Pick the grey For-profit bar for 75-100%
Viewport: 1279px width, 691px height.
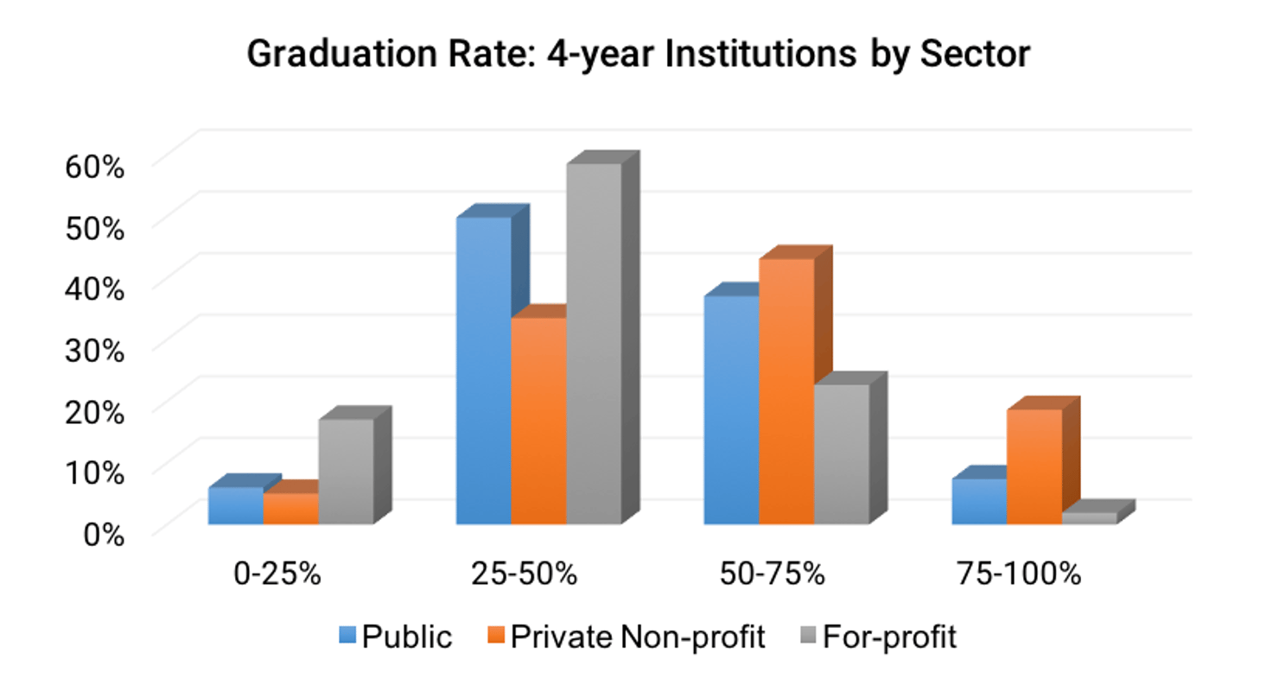(x=1088, y=518)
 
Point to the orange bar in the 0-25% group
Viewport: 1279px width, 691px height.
(x=290, y=509)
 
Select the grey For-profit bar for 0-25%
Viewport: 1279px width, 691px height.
(x=346, y=472)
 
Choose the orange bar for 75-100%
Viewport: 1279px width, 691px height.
(x=1034, y=466)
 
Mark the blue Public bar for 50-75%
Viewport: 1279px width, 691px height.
(x=731, y=409)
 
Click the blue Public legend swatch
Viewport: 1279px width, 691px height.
(x=347, y=637)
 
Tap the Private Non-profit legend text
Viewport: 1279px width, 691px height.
(x=638, y=637)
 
